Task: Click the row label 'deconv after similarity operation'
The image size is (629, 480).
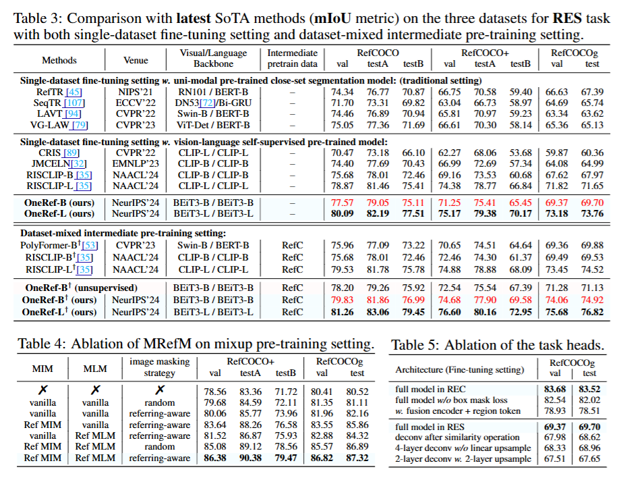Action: coord(458,437)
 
